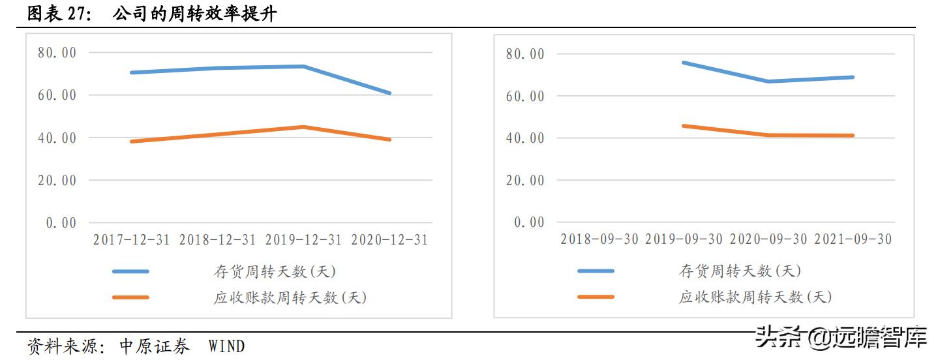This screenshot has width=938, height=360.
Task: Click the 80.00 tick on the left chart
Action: [x=57, y=52]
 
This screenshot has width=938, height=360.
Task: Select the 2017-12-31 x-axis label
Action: [x=131, y=240]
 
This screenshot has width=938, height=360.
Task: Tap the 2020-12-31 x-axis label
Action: [x=389, y=240]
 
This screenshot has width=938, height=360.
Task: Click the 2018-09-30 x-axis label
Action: [x=599, y=239]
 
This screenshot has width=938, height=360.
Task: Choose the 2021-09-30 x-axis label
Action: [x=853, y=239]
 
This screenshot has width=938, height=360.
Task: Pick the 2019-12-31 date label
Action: [x=303, y=240]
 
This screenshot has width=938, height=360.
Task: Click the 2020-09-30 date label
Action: [x=768, y=239]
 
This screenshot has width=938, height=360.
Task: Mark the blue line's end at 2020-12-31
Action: [x=389, y=93]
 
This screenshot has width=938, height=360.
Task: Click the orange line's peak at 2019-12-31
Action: [x=303, y=127]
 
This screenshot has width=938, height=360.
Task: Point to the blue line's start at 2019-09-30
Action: [x=684, y=63]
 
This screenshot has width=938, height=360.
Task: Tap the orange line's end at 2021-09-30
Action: [x=852, y=136]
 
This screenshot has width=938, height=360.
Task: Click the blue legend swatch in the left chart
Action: [x=130, y=271]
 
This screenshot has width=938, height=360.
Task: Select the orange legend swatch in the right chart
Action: [x=596, y=297]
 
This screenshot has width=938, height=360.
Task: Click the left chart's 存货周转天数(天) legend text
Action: [x=275, y=271]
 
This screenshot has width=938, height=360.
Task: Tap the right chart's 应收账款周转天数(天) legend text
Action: [x=755, y=297]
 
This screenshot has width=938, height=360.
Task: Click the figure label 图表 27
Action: [x=58, y=14]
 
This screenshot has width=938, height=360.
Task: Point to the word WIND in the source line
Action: [x=226, y=346]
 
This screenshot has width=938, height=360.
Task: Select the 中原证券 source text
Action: [x=155, y=346]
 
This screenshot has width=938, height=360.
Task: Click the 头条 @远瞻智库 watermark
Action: [x=841, y=337]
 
